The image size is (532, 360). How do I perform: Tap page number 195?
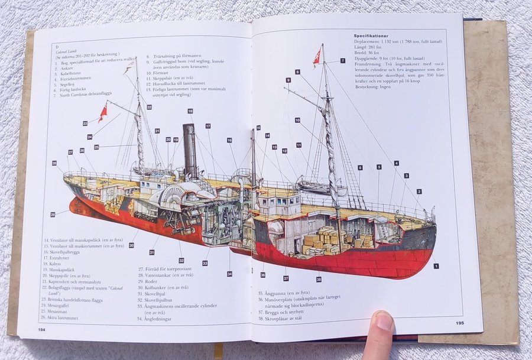pos(459,323)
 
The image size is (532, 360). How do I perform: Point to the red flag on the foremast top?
pos(317,56)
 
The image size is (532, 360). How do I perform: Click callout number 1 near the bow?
pos(436,266)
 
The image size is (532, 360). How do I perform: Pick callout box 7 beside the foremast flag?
pos(342,61)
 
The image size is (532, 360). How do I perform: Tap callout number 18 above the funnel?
pos(190,111)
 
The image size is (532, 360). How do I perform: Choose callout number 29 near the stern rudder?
pos(53,214)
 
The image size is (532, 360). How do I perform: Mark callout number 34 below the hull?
pos(229,274)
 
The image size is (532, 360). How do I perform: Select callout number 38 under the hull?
pos(319,280)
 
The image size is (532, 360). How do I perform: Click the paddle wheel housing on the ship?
pos(177,195)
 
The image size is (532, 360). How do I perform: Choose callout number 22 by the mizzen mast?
pos(149,107)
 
